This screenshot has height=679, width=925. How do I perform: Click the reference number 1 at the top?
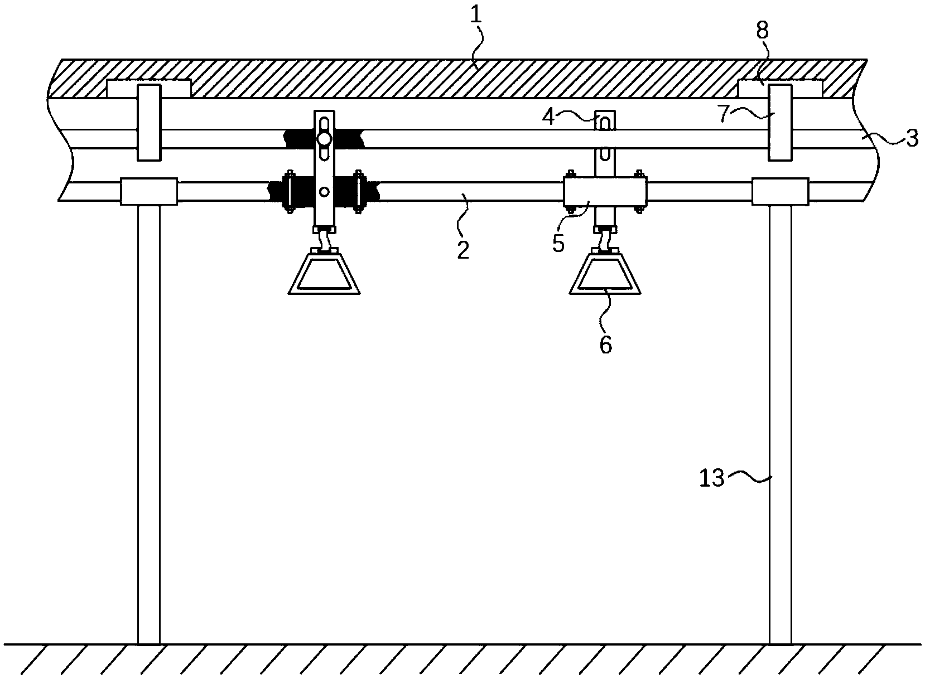click(476, 15)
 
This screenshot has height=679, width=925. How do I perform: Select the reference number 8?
click(763, 30)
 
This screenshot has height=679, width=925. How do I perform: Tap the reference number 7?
click(722, 114)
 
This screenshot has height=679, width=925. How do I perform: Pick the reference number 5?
click(558, 244)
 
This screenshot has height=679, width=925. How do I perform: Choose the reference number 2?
click(463, 250)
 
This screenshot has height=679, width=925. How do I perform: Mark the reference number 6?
click(605, 345)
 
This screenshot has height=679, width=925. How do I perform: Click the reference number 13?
click(712, 478)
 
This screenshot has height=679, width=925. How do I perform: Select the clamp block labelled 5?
click(605, 192)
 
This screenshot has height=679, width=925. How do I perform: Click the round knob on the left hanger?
click(324, 139)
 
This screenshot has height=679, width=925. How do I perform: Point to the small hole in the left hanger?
click(325, 191)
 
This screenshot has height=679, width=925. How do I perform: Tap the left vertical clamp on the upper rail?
click(149, 123)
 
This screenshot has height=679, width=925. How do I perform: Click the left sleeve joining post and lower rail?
click(149, 191)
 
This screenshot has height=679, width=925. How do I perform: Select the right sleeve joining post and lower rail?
click(780, 191)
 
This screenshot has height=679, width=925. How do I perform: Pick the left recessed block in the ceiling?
click(148, 88)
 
